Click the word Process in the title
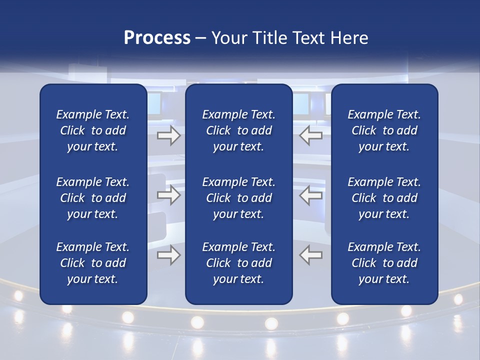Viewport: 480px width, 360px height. [157, 38]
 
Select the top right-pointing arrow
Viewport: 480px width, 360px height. [168, 135]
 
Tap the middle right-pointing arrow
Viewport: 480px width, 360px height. [168, 195]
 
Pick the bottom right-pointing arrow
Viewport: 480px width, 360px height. [168, 255]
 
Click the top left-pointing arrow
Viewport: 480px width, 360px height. [310, 135]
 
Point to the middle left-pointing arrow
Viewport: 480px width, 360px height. [310, 195]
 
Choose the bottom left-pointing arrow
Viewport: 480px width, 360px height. [310, 255]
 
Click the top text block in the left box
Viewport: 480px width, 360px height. [93, 130]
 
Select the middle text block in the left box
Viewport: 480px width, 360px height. [93, 198]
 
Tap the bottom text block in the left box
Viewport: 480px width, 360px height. [93, 263]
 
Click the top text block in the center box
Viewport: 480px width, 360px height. [238, 130]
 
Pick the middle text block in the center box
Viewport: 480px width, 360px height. [238, 198]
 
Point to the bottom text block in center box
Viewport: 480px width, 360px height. [238, 263]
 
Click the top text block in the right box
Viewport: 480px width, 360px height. [384, 130]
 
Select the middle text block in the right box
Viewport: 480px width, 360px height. [384, 198]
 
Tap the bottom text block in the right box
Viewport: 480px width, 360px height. [384, 263]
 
